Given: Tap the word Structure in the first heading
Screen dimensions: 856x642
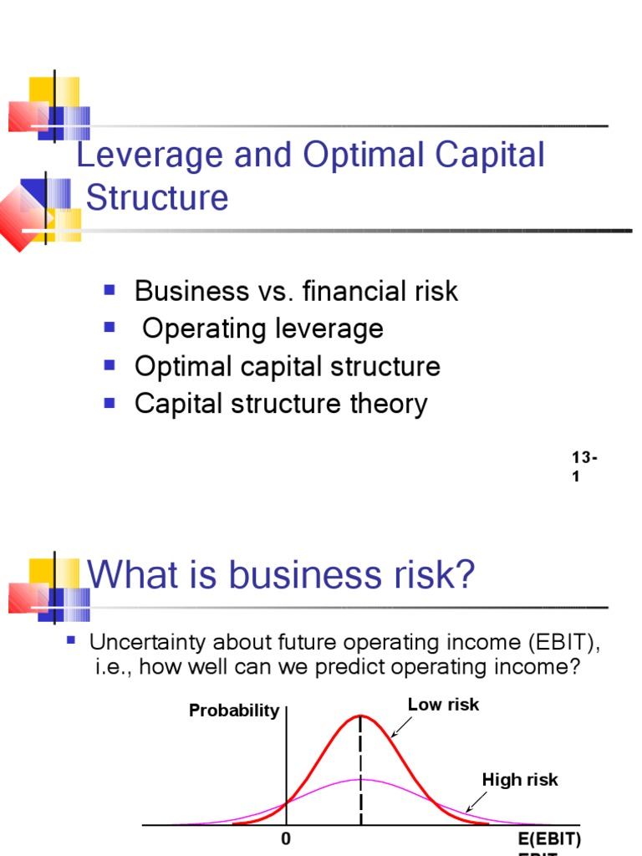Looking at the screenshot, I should [157, 198].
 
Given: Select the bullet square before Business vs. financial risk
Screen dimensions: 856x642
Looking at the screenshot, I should [109, 289].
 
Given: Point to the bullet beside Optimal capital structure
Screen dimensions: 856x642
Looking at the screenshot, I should [109, 364].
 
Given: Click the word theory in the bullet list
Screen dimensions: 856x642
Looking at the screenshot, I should [386, 404].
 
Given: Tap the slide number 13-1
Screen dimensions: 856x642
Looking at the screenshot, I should [583, 466].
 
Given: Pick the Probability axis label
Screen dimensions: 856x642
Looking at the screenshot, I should [234, 711].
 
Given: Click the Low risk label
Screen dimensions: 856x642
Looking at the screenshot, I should [443, 705].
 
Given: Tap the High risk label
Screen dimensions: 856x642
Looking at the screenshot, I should [520, 780].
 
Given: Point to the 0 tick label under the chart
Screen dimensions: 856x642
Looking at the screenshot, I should [286, 838].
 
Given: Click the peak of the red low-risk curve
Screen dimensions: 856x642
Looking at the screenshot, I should [361, 716].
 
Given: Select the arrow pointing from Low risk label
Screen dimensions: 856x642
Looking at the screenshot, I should [400, 727].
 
